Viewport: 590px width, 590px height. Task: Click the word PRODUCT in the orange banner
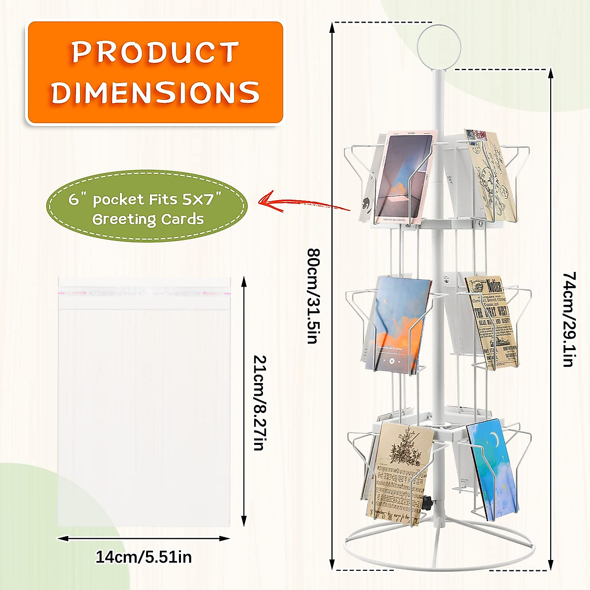155,52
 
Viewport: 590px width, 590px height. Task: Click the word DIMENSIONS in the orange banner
155,92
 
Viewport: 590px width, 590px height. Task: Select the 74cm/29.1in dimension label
568,319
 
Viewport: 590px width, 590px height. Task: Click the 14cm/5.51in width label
144,557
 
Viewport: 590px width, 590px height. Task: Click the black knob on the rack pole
426,503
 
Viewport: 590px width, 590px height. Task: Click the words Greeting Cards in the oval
147,219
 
